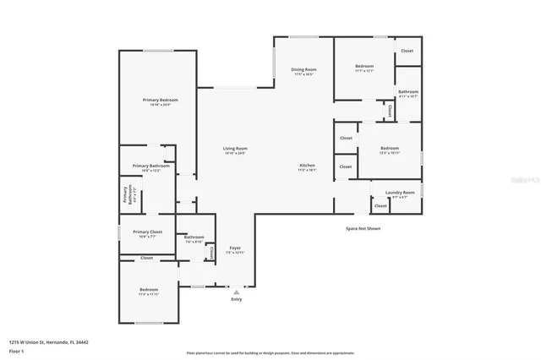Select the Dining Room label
click(x=303, y=69)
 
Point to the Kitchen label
click(x=307, y=165)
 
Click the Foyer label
click(x=235, y=248)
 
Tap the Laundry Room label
click(x=400, y=193)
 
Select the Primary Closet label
click(x=147, y=232)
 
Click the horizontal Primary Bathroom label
click(x=150, y=166)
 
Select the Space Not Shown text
click(x=363, y=228)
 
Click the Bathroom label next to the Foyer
click(x=194, y=237)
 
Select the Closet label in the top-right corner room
click(x=407, y=51)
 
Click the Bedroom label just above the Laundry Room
click(x=389, y=149)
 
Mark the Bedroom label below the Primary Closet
click(x=149, y=290)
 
